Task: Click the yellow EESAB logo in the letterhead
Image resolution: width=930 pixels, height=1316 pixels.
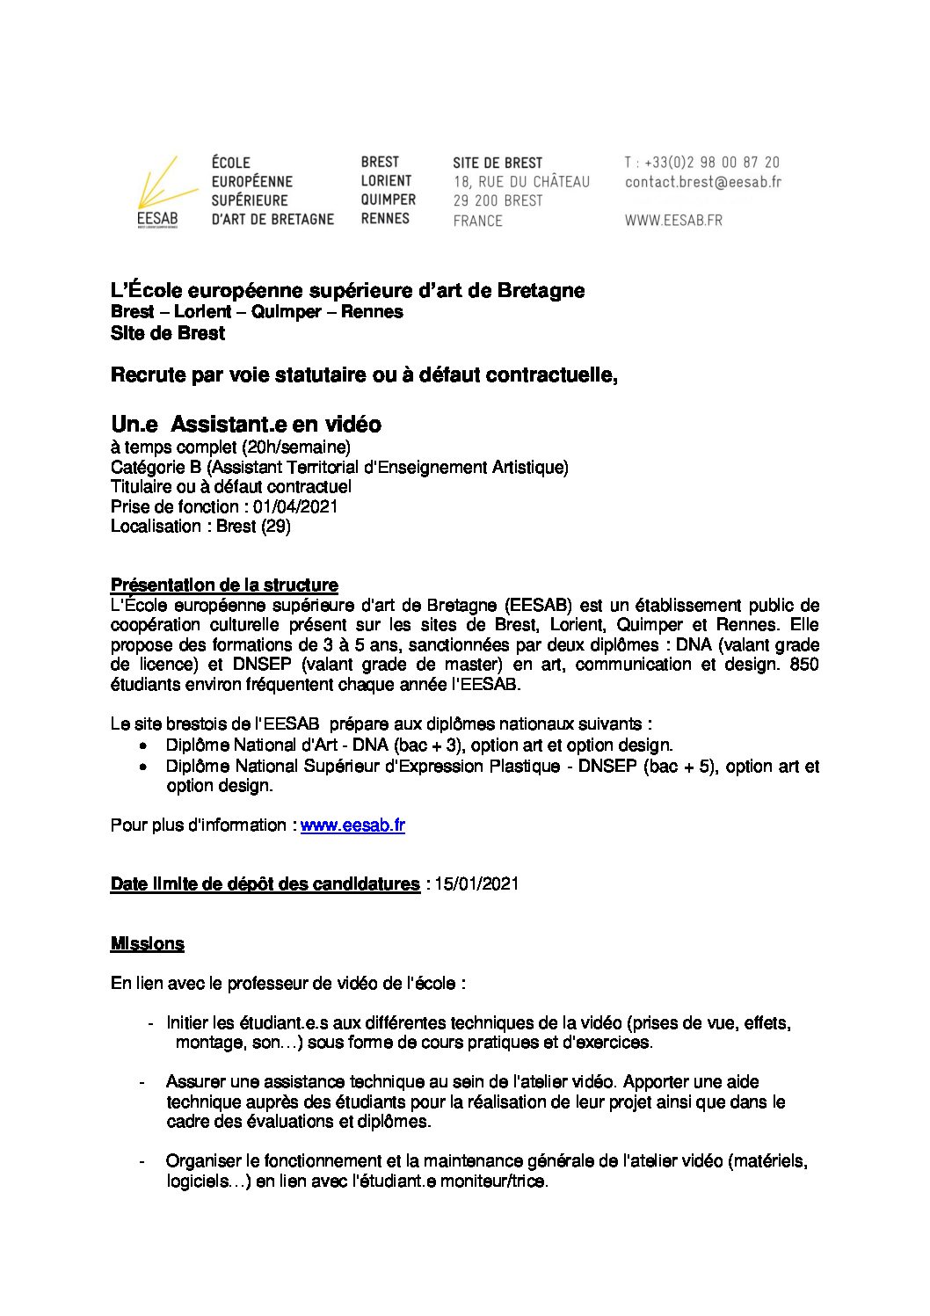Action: (157, 193)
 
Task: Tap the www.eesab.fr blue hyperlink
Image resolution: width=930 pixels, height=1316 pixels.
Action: (352, 825)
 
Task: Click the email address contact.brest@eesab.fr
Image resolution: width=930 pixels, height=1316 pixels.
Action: (702, 182)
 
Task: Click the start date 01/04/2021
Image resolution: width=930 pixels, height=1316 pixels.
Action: (295, 506)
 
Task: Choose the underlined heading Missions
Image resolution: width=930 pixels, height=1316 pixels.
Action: (147, 944)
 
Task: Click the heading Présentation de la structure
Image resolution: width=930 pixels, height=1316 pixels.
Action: (224, 585)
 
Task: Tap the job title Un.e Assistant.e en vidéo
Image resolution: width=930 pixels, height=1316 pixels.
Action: (246, 425)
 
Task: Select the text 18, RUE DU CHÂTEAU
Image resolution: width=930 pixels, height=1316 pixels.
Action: (521, 182)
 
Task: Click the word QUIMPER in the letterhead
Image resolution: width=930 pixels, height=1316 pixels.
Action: (388, 200)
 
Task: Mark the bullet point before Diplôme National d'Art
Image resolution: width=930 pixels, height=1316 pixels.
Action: (143, 745)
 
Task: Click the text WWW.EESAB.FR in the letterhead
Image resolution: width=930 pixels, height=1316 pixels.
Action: (673, 221)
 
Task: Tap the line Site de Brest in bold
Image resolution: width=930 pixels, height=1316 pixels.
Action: (168, 333)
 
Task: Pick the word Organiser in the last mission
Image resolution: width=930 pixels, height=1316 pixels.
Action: (205, 1161)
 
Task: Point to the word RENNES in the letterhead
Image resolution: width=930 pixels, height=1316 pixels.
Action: (385, 218)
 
